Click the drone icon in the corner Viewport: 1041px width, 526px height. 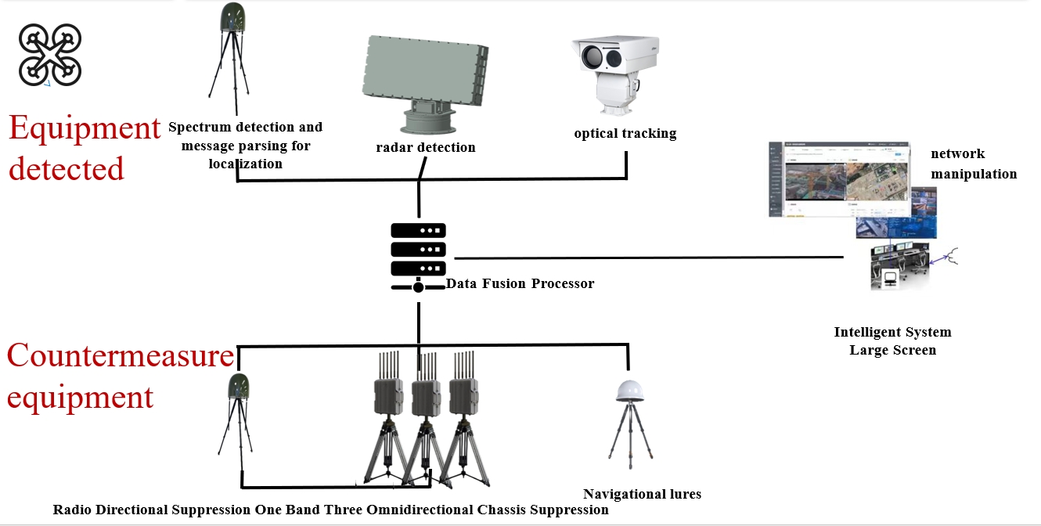tap(50, 54)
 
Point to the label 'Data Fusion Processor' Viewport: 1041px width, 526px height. tap(520, 283)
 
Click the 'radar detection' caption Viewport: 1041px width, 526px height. tap(426, 147)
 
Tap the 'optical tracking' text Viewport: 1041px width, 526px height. tap(625, 133)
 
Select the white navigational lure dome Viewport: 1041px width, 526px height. tap(629, 391)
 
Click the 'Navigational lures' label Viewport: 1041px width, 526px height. tap(642, 494)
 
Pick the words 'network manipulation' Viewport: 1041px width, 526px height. tap(973, 164)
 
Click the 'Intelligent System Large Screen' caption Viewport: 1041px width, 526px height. tap(892, 341)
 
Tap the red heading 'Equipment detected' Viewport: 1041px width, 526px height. tap(84, 148)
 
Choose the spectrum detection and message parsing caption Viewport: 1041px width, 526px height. tap(245, 146)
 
